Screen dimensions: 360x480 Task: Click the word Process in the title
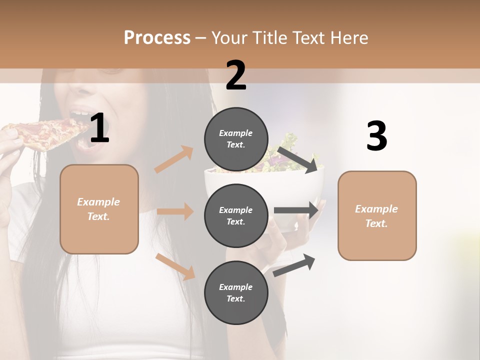point(157,38)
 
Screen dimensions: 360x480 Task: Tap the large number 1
point(99,128)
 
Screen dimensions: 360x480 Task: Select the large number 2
point(236,75)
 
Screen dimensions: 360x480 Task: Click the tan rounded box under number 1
point(99,209)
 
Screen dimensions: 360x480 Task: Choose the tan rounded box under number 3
point(377,215)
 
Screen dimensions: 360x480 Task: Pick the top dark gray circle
point(236,139)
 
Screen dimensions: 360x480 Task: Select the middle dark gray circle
point(236,215)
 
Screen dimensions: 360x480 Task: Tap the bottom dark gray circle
point(236,292)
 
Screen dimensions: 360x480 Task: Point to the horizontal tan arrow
point(175,211)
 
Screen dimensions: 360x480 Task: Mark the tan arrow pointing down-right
point(175,266)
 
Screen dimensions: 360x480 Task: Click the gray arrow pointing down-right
point(298,159)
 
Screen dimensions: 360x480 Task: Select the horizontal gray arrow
point(296,210)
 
